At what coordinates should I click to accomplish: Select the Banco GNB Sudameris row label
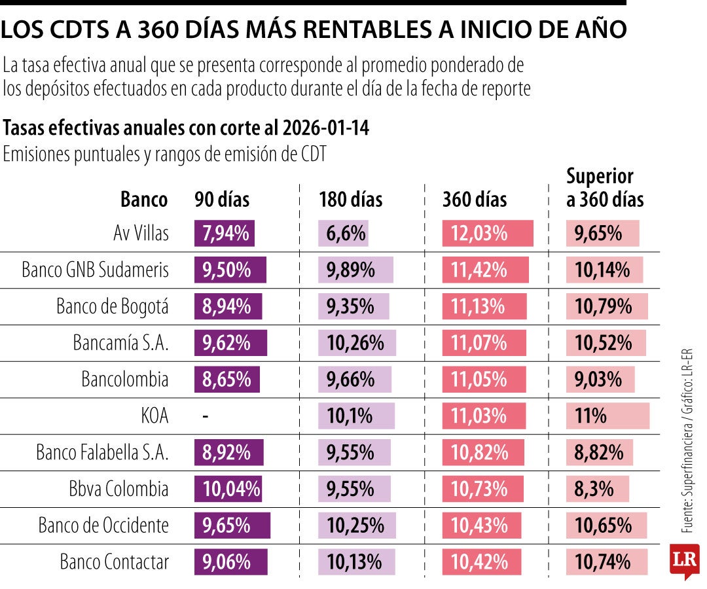point(95,270)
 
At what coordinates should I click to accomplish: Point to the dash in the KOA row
point(206,416)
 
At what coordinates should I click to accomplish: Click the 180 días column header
point(351,199)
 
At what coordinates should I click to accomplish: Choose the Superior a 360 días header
point(604,188)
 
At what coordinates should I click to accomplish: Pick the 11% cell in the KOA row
point(590,416)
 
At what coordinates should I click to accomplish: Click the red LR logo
point(683,560)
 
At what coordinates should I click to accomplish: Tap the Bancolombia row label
point(124,380)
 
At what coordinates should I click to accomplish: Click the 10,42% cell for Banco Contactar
point(480,562)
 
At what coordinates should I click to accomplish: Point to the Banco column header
point(144,199)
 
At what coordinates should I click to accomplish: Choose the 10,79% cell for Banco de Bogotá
point(603,306)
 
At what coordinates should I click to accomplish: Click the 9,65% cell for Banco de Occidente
point(227,526)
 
